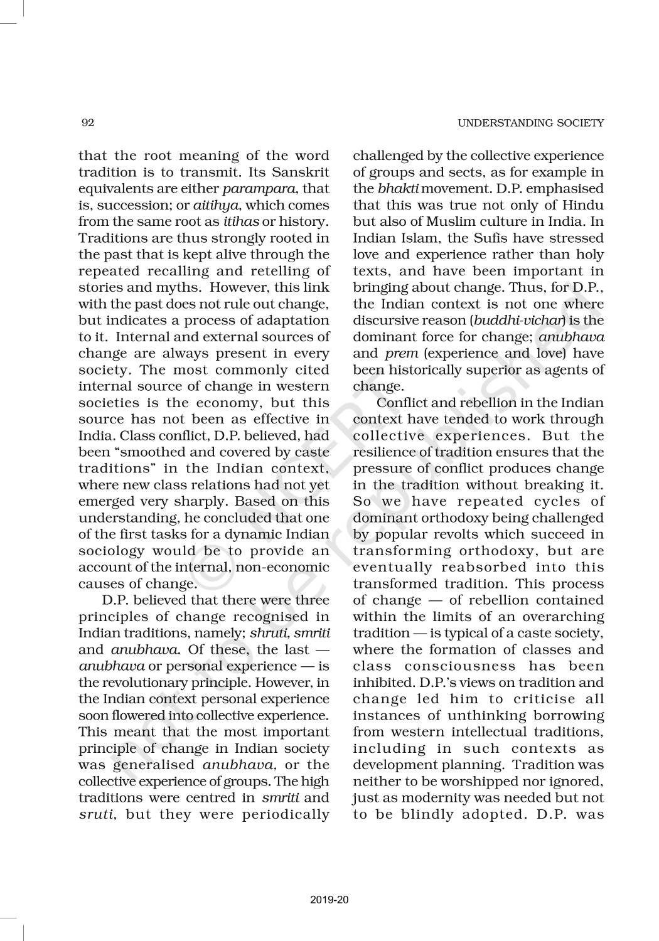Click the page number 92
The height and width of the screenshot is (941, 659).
pos(88,123)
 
